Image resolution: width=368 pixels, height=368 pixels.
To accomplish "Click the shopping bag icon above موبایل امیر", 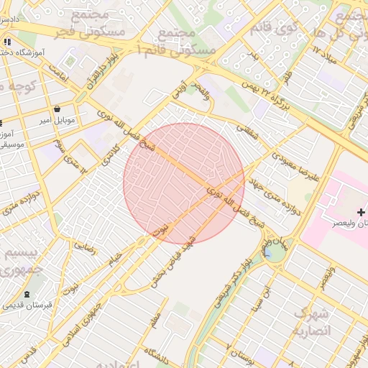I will click(x=57, y=109).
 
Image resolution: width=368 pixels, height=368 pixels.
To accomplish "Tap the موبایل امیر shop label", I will click(x=56, y=120).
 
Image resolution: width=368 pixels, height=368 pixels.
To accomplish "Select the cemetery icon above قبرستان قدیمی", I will click(x=27, y=295).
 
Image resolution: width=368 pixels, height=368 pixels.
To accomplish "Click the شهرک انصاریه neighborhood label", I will click(x=311, y=323).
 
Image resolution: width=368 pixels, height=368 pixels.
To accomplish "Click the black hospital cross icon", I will click(x=361, y=212).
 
